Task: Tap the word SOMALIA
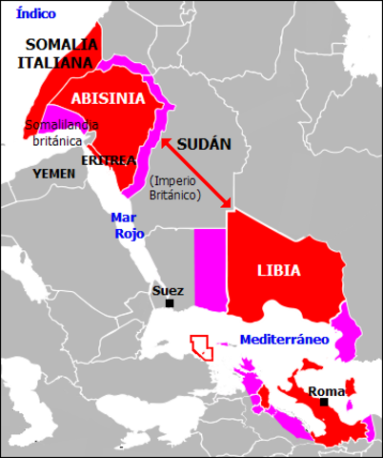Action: point(60,44)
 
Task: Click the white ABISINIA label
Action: point(110,98)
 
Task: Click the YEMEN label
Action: point(53,174)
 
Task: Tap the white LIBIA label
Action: point(278,270)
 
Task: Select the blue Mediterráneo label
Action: point(284,339)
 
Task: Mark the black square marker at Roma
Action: point(325,403)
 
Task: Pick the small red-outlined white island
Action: point(201,346)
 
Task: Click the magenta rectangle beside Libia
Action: point(211,269)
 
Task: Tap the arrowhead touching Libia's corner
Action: point(228,203)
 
